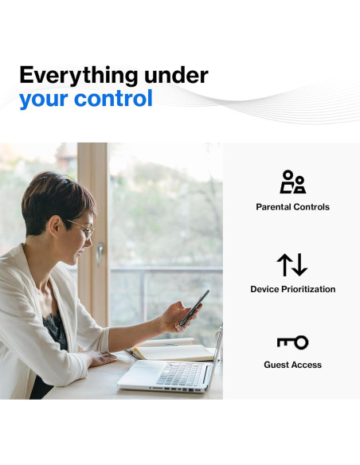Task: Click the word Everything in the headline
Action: [x=79, y=76]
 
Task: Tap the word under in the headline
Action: [x=176, y=76]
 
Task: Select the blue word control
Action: [x=113, y=98]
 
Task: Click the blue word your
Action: [x=44, y=100]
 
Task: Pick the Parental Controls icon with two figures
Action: [x=292, y=182]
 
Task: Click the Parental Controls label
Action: [x=292, y=207]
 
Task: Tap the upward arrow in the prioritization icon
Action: [x=284, y=264]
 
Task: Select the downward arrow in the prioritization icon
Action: [x=300, y=264]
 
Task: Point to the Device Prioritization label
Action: [x=292, y=289]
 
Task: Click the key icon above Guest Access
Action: [x=292, y=342]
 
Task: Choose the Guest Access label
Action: [x=292, y=365]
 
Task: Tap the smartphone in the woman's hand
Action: [x=194, y=307]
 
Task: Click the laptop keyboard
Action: [x=180, y=373]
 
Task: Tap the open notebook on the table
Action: [x=174, y=352]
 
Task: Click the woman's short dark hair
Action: [x=57, y=198]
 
